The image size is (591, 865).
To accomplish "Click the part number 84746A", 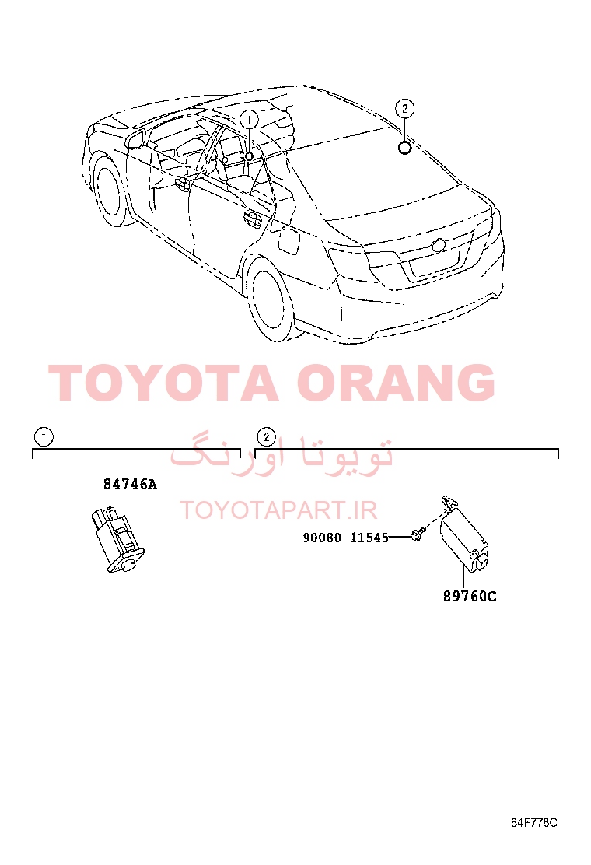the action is click(x=130, y=485).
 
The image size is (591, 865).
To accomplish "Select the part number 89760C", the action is click(x=470, y=597).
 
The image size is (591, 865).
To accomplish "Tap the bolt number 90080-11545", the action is click(x=346, y=538).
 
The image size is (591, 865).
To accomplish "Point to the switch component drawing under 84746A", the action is click(x=117, y=540).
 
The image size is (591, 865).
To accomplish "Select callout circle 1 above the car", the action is click(x=249, y=120).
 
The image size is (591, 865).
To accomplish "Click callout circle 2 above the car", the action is click(x=405, y=108).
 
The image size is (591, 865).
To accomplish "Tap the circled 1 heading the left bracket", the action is click(x=44, y=437).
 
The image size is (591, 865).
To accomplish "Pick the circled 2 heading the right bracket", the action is click(x=266, y=437).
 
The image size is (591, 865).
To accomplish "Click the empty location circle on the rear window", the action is click(x=405, y=147).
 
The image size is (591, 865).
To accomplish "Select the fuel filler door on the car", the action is click(x=289, y=240).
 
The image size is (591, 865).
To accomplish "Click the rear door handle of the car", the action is click(x=253, y=219).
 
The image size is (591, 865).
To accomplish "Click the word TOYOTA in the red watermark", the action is click(x=164, y=382).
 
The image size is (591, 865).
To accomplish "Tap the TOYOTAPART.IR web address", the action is click(x=278, y=510).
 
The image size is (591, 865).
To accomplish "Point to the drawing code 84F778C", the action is click(x=533, y=822).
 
